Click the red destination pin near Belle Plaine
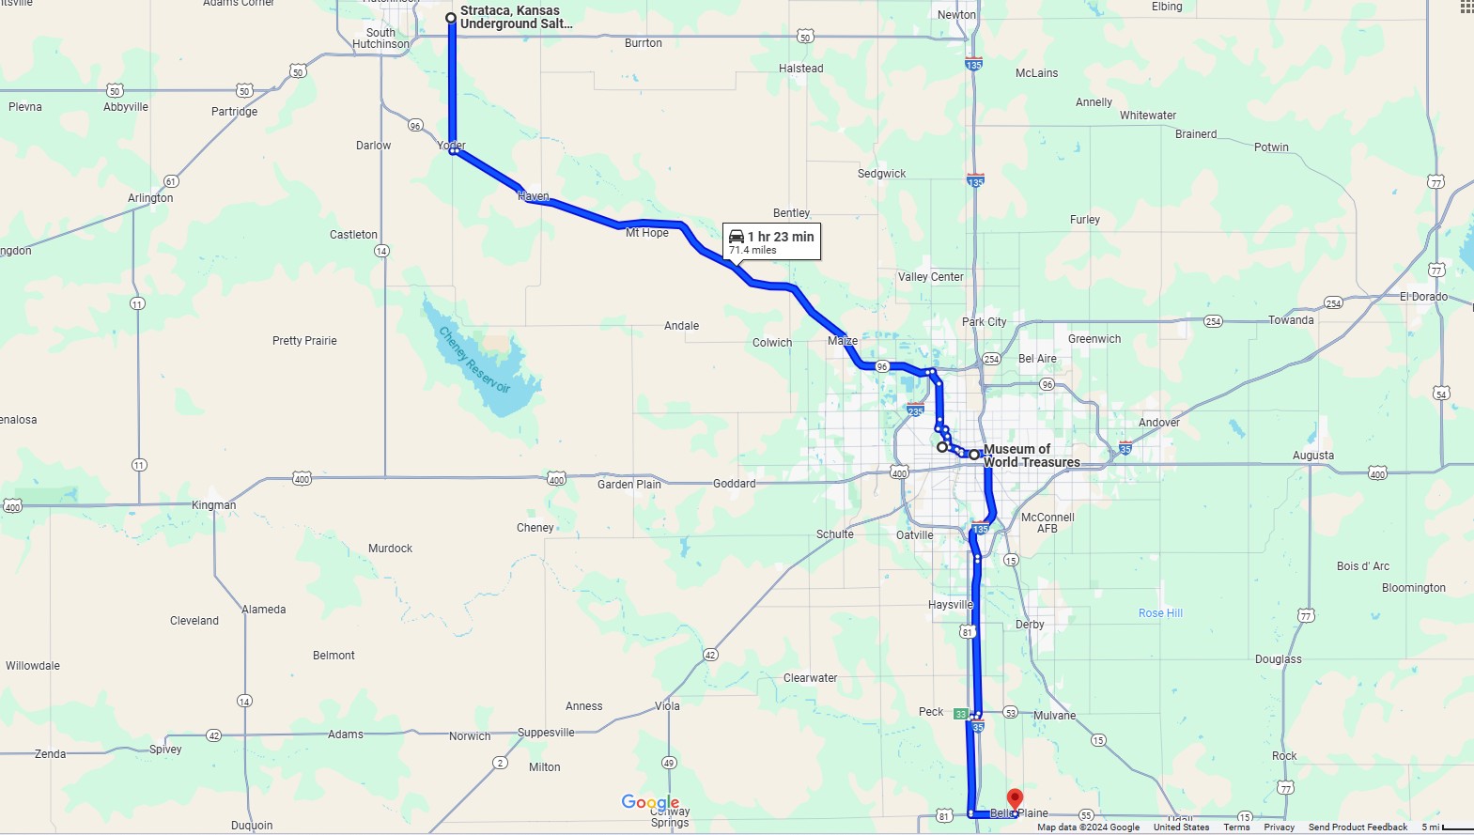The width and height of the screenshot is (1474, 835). (1015, 799)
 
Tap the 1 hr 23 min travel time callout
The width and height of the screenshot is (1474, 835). (771, 241)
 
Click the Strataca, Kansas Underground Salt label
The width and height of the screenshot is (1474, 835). (515, 17)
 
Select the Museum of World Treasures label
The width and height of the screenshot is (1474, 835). (1030, 456)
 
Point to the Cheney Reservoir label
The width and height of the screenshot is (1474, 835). (474, 360)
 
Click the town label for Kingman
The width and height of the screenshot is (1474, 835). (214, 505)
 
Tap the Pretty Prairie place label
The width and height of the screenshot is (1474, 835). (304, 341)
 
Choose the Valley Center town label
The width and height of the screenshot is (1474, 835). (930, 277)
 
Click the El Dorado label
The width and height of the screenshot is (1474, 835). (1423, 297)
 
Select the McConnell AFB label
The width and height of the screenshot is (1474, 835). (1047, 523)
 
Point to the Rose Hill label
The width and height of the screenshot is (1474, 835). (1160, 613)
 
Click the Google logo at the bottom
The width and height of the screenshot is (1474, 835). (650, 802)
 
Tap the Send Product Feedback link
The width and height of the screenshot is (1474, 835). (1358, 827)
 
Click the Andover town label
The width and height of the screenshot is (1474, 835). (1158, 423)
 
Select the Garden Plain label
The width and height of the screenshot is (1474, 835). (628, 485)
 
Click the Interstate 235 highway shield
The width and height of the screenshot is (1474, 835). (916, 410)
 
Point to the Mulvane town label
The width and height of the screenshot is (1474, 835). (1054, 716)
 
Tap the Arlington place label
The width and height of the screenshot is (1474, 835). (150, 198)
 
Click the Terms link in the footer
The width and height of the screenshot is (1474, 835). (1236, 827)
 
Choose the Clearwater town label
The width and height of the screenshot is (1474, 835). (810, 678)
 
